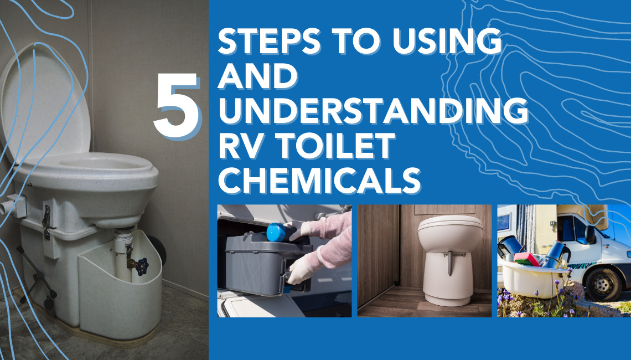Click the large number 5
(x=177, y=106)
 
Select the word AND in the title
(x=257, y=76)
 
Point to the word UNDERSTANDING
(x=373, y=111)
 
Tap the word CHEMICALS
(x=319, y=181)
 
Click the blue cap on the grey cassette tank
(x=276, y=233)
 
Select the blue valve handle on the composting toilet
(x=142, y=266)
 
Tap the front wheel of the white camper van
(x=602, y=285)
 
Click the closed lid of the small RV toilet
(x=450, y=223)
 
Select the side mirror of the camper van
(x=591, y=234)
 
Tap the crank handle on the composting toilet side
(x=37, y=278)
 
